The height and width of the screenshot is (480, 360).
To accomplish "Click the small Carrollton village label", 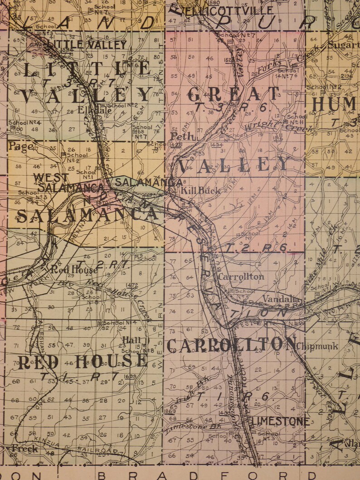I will pos(241,276).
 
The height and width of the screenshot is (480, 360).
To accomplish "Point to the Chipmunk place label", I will pos(317,346).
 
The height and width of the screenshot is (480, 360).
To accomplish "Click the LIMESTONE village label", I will pos(281,421).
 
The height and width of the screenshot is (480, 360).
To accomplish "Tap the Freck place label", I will pos(24,448).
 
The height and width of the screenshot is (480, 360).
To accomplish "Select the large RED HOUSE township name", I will pos(83,361).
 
